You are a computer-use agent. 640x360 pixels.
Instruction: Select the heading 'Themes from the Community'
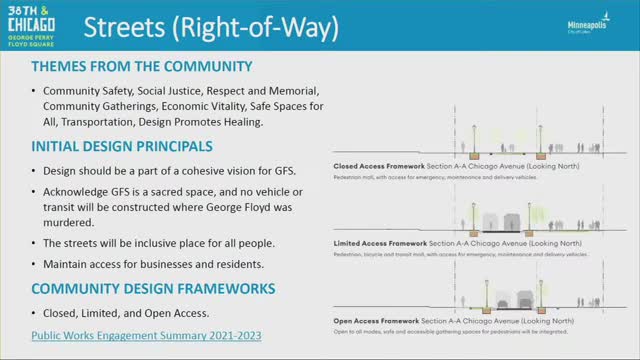141,67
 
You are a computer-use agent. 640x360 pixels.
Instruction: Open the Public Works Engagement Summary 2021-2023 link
146,336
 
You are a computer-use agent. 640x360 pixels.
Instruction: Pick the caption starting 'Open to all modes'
453,330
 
